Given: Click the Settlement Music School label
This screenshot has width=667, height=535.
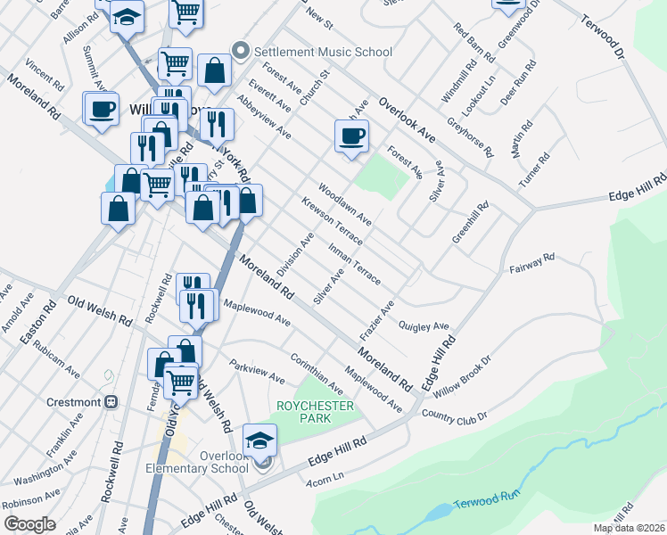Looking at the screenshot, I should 323,52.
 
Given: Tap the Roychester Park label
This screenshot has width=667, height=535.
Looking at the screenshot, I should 315,412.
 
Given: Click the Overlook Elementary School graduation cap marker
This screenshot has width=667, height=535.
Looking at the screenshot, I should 260,440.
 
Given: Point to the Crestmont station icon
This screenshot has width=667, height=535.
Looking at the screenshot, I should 111,402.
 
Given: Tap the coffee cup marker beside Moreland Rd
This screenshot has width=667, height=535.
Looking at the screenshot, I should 101,109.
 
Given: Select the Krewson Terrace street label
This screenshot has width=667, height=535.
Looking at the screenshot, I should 332,222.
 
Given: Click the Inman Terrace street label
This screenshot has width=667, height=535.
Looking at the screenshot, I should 354,263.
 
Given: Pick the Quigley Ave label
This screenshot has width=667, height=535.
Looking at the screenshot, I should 424,326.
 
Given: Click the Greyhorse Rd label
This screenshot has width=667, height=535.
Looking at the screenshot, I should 470,136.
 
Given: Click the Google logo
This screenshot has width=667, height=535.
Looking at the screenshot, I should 29,524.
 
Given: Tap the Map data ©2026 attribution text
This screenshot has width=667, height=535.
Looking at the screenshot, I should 629,528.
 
